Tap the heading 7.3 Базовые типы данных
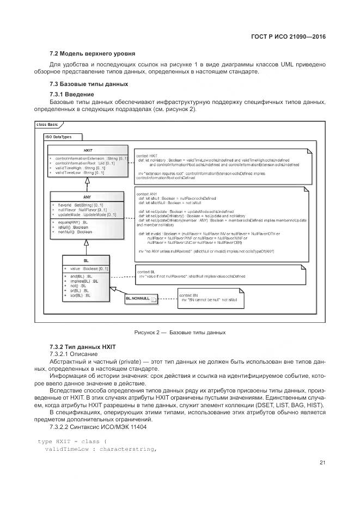(x=89, y=84)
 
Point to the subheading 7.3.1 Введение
(x=72, y=95)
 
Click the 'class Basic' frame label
(x=47, y=125)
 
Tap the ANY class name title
(x=87, y=197)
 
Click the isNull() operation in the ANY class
(x=73, y=227)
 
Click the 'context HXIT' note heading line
(x=147, y=155)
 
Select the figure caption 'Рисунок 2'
(x=180, y=332)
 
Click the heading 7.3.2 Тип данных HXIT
(x=83, y=347)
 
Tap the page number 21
(x=322, y=463)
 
